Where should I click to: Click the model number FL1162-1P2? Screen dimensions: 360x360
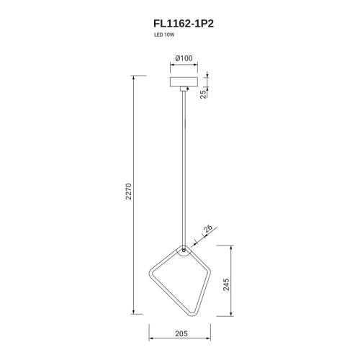tap(180, 23)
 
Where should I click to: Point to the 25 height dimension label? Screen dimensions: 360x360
tap(204, 94)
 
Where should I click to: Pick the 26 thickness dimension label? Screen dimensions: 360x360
tap(208, 230)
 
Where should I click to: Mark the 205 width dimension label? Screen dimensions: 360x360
tap(181, 334)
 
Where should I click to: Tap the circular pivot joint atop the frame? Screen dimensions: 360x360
tap(186, 251)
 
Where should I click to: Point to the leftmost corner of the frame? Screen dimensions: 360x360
tap(150, 275)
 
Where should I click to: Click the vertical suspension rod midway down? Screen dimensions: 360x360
tap(186, 166)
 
